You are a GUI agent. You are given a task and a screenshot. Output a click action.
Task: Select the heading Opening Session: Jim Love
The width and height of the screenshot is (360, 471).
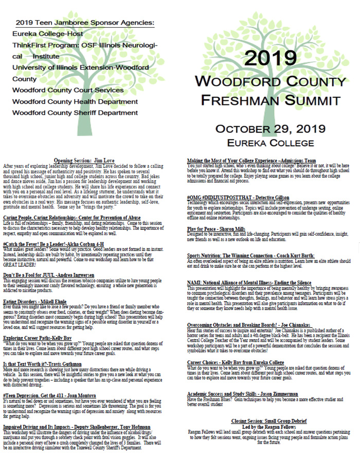(x=92, y=160)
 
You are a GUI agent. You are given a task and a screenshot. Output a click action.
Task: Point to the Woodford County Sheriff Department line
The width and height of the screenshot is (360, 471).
(x=75, y=113)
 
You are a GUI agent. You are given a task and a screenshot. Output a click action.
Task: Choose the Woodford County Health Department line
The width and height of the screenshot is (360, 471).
(x=74, y=101)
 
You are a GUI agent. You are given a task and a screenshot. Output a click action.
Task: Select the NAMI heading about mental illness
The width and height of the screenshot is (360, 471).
(x=249, y=283)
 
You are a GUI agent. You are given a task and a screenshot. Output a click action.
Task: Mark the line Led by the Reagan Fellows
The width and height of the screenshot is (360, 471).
(x=271, y=426)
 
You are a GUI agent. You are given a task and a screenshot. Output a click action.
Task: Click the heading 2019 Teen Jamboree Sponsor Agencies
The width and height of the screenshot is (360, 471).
(x=85, y=23)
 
